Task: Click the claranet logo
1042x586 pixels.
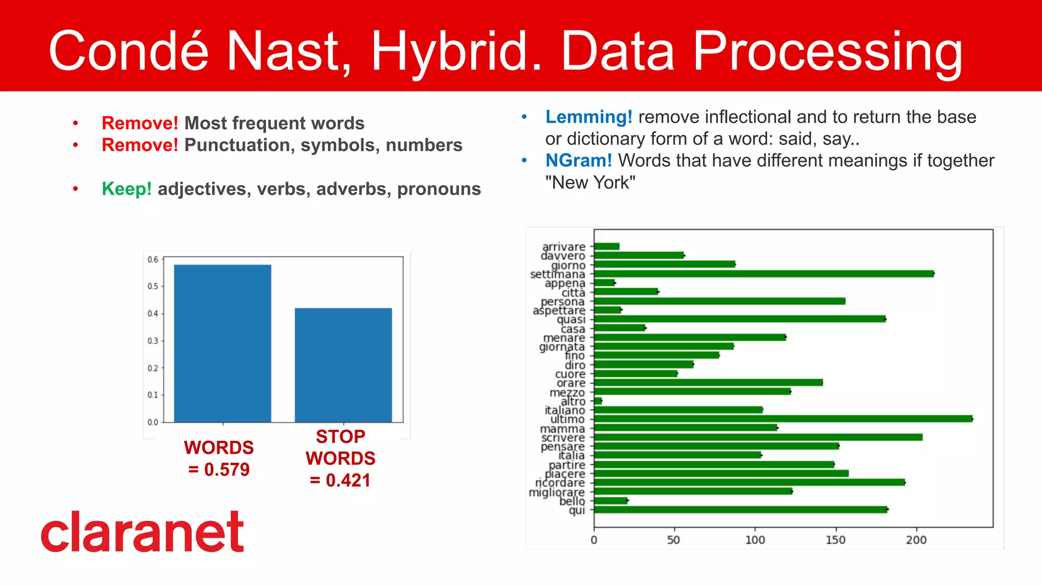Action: tap(142, 532)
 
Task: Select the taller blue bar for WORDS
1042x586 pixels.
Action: tap(222, 344)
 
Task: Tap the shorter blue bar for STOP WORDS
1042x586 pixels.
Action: tap(343, 365)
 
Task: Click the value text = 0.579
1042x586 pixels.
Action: tap(219, 469)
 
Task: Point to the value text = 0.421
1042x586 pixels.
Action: tap(340, 480)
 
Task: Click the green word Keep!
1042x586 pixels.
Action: tap(127, 189)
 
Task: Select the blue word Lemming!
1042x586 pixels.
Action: tap(589, 117)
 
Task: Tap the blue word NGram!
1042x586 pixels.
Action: tap(578, 161)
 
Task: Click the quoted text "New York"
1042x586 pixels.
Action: tap(590, 183)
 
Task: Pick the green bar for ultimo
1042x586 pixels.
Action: tap(783, 419)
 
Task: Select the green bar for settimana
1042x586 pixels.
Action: tap(763, 274)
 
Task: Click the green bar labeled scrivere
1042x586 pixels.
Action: tap(758, 437)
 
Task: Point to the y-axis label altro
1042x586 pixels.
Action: tap(573, 401)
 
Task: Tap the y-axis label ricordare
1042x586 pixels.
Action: tap(560, 483)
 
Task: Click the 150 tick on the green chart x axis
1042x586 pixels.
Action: tap(835, 540)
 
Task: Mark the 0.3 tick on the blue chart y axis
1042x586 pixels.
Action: tap(153, 341)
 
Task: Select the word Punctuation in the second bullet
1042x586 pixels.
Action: tap(239, 145)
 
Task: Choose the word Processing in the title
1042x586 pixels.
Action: tap(827, 51)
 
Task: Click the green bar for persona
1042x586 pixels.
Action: tap(719, 301)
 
